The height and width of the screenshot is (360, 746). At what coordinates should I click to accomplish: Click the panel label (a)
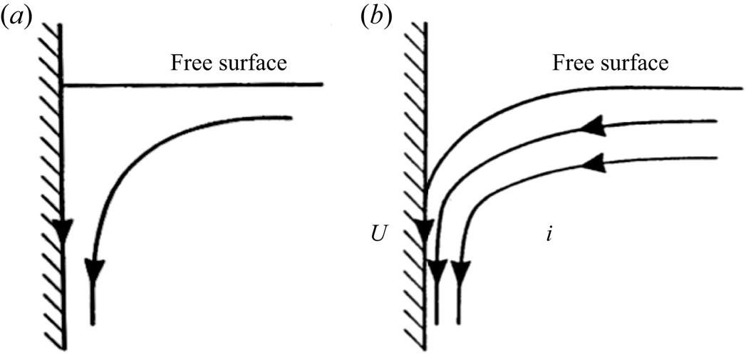(20, 17)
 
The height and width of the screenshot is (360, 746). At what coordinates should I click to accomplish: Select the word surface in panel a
(252, 63)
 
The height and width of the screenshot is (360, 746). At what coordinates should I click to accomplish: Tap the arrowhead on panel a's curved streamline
(94, 269)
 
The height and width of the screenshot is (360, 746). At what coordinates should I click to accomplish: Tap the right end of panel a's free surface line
(323, 84)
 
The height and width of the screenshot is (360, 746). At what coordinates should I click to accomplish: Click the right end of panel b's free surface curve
(741, 88)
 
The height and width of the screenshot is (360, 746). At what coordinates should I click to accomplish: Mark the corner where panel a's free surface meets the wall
(64, 85)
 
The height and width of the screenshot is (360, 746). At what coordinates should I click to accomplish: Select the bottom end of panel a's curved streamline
(93, 324)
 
